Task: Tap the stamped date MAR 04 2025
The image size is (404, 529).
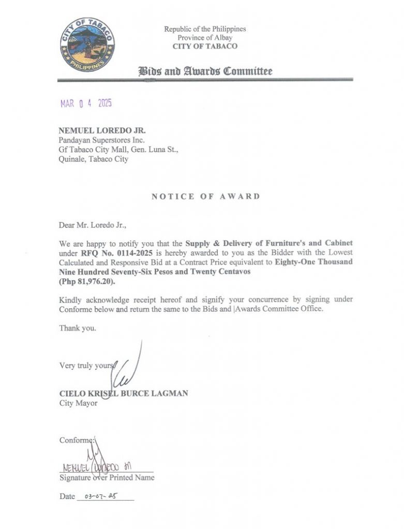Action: point(86,103)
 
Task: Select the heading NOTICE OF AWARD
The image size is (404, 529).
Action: point(205,196)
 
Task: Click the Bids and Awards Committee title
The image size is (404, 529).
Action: point(205,71)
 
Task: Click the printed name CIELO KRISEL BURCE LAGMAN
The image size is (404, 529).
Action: point(124,394)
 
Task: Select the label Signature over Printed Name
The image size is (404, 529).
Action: point(107,478)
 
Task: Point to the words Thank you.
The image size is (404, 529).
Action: point(78,328)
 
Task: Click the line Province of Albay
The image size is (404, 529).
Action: point(205,38)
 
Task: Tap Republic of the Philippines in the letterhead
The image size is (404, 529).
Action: point(205,29)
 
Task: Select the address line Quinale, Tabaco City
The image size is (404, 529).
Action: point(94,159)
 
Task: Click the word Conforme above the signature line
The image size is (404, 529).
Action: point(76,441)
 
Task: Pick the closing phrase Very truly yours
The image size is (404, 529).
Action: point(85,366)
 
